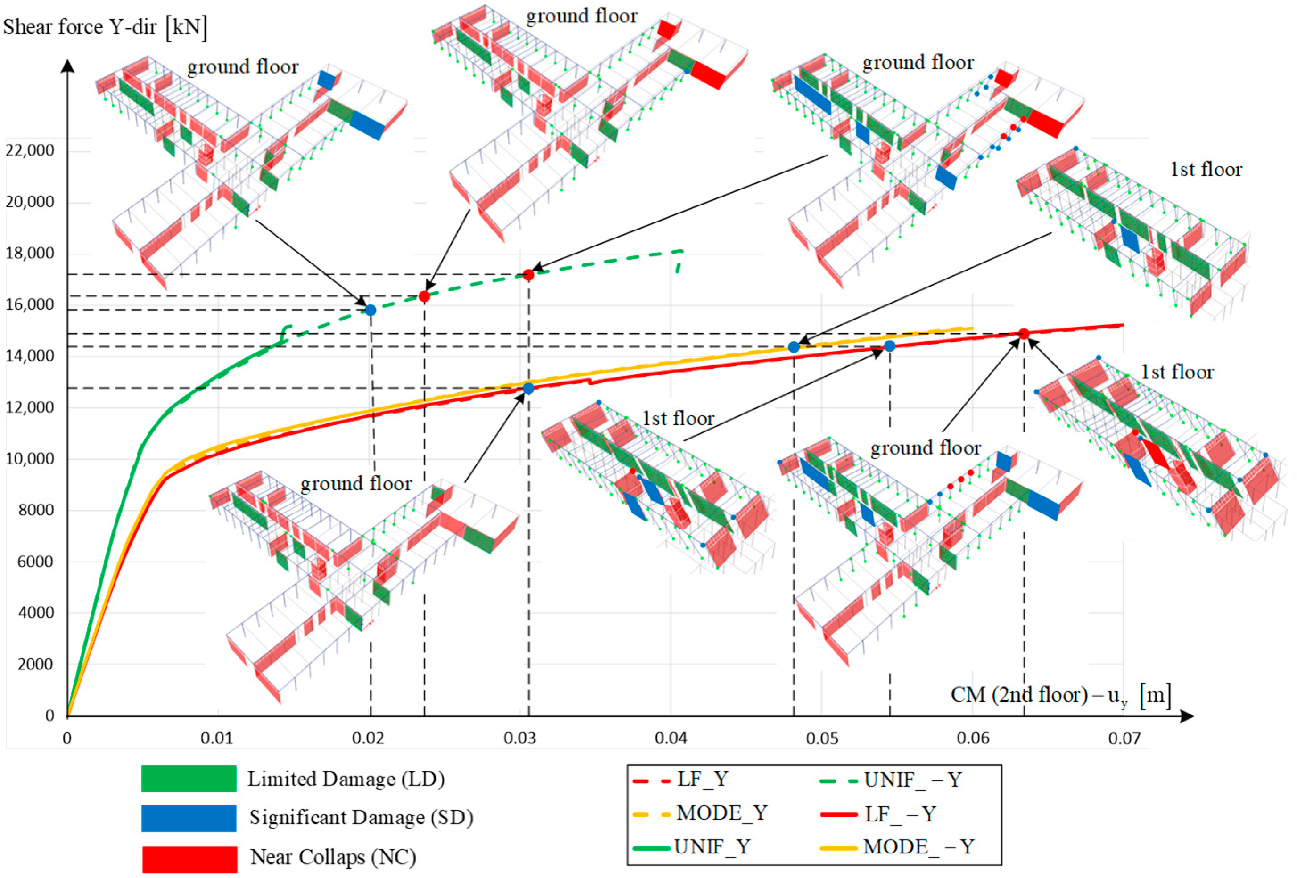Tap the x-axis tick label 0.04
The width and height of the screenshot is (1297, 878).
671,738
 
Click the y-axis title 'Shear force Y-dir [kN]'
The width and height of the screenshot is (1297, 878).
105,27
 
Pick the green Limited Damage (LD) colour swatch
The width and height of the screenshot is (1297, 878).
189,778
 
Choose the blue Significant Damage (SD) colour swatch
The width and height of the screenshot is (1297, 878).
189,818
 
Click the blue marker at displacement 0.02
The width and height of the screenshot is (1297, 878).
370,310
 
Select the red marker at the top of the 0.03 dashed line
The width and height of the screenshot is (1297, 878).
528,275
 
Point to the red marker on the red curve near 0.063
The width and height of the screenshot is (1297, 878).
1024,333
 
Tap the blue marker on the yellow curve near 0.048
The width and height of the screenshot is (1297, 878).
794,347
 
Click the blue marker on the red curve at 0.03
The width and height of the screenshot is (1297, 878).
528,388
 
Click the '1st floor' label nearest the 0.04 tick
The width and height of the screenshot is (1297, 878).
678,418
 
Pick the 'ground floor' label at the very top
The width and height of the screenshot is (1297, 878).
581,16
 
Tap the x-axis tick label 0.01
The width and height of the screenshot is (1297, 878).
217,738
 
